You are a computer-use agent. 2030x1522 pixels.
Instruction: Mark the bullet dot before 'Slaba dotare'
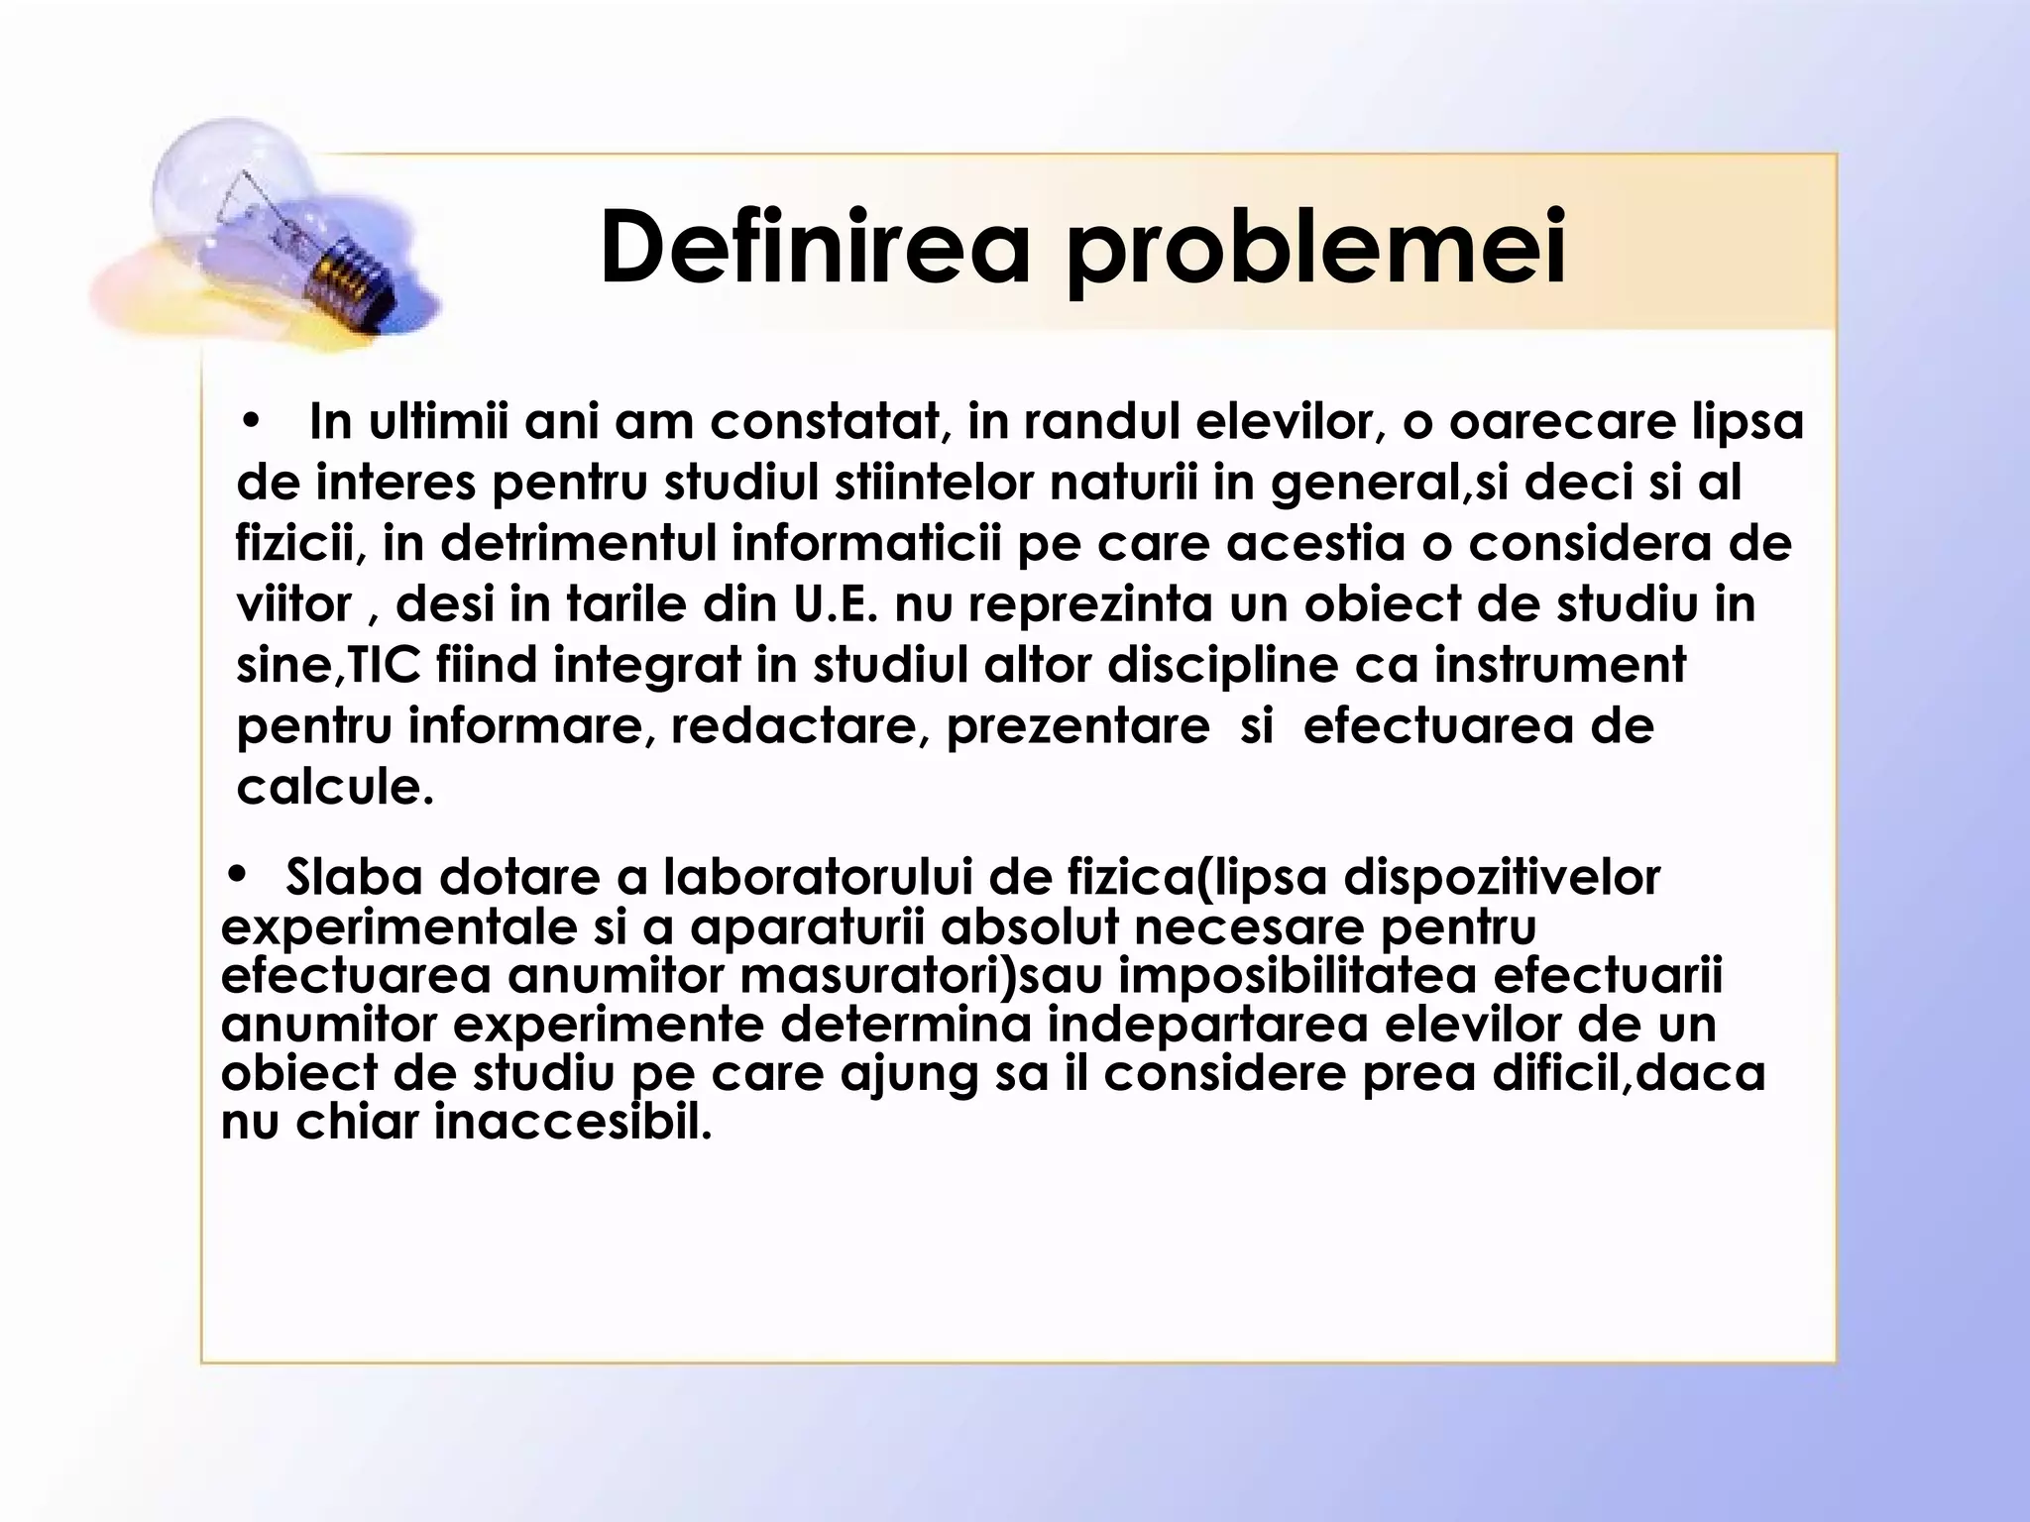236,875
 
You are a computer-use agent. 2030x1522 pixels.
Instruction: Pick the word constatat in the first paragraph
825,423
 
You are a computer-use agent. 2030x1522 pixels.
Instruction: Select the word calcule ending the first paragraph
335,788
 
